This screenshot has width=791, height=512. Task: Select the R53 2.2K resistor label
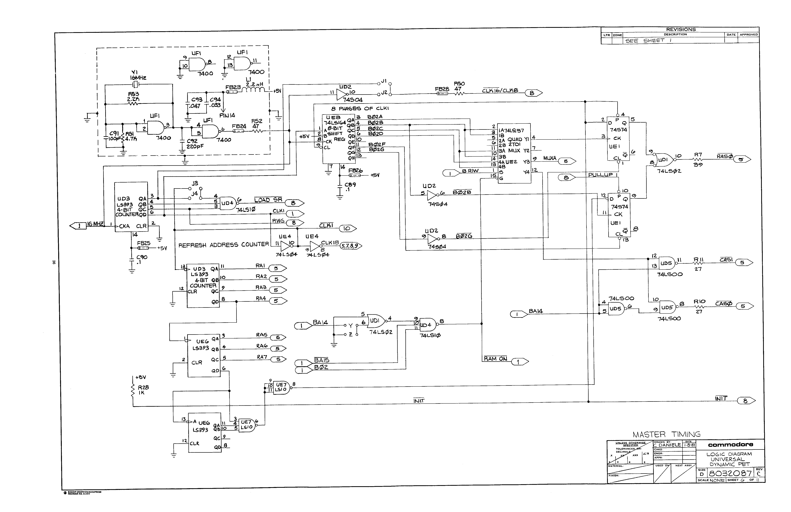(133, 96)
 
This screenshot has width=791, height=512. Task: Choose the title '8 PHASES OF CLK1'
(360, 108)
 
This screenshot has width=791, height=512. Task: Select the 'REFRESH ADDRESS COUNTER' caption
(223, 245)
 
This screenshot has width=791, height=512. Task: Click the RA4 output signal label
(261, 299)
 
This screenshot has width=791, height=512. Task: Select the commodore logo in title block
(730, 445)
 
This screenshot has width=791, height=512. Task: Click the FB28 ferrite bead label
(442, 89)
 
